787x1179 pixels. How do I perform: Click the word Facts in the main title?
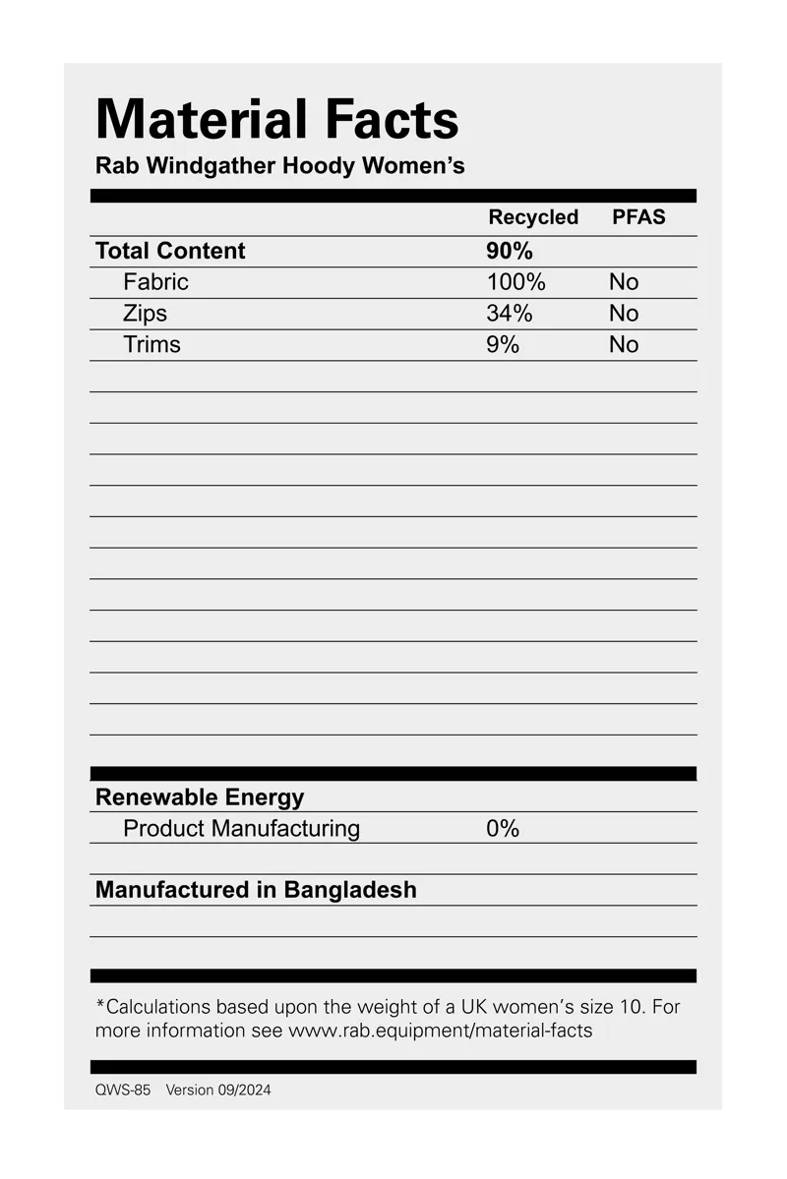(392, 120)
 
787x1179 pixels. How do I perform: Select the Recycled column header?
(533, 217)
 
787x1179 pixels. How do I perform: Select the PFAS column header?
(638, 217)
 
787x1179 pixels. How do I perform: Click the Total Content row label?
(170, 251)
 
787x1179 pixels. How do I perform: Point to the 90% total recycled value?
(509, 251)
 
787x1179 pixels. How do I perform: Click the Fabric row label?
(155, 282)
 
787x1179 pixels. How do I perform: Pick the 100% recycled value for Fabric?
(515, 282)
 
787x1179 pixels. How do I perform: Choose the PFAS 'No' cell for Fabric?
(624, 282)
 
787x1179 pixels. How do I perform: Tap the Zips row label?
(145, 314)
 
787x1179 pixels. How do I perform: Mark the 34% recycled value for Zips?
(509, 314)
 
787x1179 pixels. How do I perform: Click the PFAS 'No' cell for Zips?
(624, 314)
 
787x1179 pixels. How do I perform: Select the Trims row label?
(151, 345)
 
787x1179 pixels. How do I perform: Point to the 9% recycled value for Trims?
(502, 345)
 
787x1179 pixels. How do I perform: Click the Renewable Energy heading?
(200, 797)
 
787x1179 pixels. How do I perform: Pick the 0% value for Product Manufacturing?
(502, 829)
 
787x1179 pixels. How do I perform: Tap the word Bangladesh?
(350, 890)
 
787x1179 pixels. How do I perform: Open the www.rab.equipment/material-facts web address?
(440, 1032)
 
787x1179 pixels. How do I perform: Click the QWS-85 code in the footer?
(123, 1091)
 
